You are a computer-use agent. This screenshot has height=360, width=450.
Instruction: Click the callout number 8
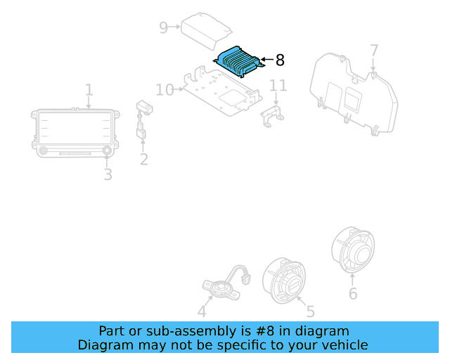coord(280,60)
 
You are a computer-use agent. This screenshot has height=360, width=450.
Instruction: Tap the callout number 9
coord(163,28)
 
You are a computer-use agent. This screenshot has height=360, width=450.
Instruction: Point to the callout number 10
coord(165,90)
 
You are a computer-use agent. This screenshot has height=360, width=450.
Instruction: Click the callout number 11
coord(278,86)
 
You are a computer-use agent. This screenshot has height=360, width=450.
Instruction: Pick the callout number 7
coord(374,51)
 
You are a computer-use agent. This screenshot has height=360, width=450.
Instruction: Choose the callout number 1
coord(89,90)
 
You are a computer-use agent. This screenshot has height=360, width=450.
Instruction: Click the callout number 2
coord(143,160)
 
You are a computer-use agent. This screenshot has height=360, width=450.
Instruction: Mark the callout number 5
coord(310,311)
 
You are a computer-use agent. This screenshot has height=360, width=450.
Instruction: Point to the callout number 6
coord(353,293)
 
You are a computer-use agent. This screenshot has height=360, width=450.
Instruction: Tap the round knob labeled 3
coord(108,151)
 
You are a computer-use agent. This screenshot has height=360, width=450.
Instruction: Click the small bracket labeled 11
coord(272,115)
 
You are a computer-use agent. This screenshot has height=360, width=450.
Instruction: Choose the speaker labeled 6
coord(353,250)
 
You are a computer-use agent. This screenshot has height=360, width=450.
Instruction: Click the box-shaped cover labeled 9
coord(205,28)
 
